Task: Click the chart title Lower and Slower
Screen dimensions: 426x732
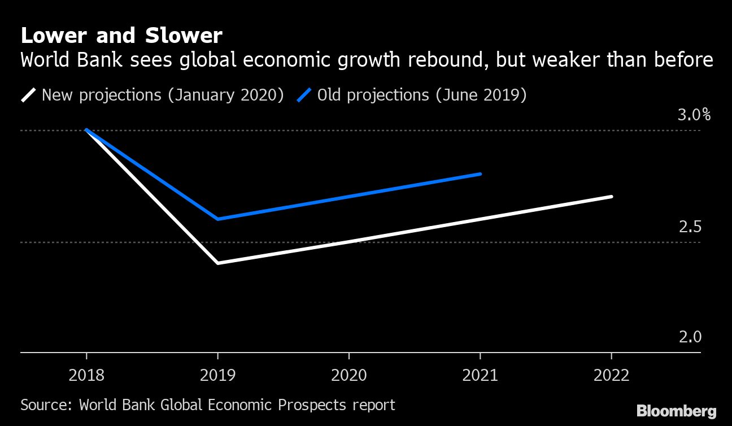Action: click(121, 36)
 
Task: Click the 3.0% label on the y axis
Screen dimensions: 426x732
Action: click(694, 115)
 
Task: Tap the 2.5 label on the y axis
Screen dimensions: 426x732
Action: click(690, 227)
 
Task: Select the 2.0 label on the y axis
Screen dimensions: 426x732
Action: click(690, 337)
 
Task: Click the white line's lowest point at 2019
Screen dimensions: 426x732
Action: click(218, 263)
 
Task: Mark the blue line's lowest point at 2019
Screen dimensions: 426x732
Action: click(218, 219)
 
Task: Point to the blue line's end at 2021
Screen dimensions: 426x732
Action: click(480, 174)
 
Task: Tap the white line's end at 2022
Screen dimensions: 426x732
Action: click(611, 197)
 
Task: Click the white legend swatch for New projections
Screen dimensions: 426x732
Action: click(28, 95)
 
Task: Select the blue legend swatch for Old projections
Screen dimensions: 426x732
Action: click(304, 95)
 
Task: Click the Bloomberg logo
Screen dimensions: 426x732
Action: click(676, 411)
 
